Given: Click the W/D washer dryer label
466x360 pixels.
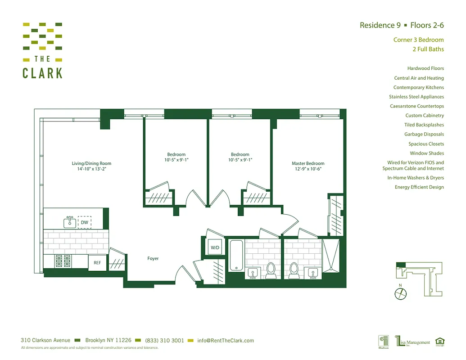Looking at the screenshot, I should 214,248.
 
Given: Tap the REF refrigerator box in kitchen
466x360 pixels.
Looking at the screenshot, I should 97,262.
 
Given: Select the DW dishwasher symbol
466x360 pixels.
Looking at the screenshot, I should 85,222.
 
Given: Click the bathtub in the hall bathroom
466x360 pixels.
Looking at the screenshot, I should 235,255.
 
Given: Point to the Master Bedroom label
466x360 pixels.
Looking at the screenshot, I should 308,163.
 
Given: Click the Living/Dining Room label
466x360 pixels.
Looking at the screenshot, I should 91,163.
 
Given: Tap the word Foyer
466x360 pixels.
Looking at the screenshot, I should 153,258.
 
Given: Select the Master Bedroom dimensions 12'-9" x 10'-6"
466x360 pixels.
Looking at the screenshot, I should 308,169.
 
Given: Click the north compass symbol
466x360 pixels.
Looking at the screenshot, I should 400,294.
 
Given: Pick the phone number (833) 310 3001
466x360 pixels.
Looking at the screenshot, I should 164,341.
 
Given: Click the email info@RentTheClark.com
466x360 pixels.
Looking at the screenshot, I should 226,341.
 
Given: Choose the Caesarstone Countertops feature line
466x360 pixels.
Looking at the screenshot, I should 416,106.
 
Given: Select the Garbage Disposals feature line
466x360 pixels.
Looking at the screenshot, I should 424,134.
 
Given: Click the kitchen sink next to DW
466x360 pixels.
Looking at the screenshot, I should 69,222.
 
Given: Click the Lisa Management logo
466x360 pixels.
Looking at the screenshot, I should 412,342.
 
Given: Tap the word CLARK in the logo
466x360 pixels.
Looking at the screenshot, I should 43,73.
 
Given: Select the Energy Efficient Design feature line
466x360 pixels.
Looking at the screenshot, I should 419,187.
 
